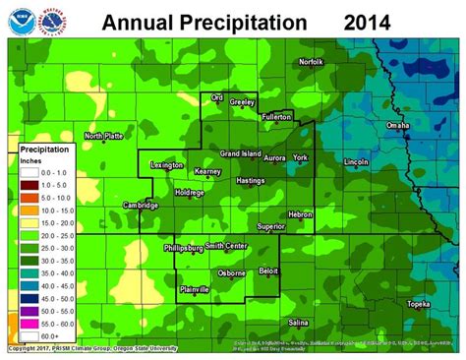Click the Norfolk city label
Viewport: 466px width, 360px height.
(311, 62)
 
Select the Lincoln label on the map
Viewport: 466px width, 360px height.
(357, 161)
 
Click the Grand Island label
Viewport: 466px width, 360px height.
(239, 154)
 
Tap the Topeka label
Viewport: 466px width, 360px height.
(419, 304)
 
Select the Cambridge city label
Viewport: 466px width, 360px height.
(141, 205)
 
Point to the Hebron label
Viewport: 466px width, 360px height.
(299, 213)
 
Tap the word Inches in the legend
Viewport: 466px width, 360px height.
(33, 160)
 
